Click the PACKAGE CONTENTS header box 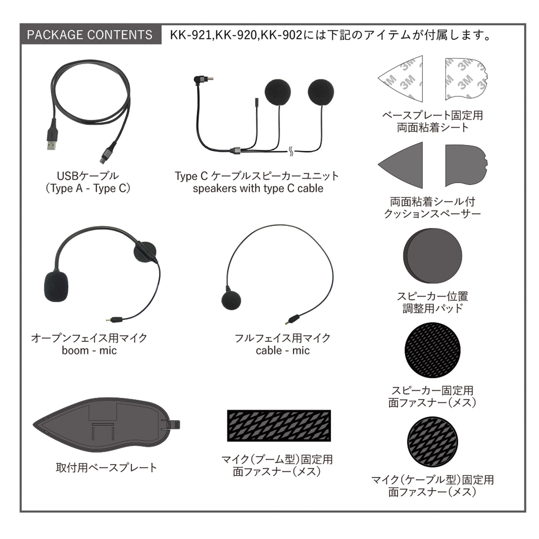[90, 35]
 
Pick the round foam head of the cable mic [231, 300]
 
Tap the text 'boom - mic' [89, 350]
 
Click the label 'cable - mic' [283, 350]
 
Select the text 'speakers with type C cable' [258, 188]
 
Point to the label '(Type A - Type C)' [88, 188]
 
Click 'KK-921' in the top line [190, 35]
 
